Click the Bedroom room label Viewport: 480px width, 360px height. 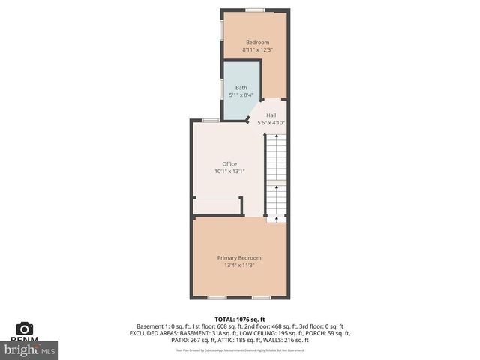(256, 43)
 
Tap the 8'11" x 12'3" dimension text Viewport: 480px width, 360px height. (256, 50)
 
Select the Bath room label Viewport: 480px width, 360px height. (241, 88)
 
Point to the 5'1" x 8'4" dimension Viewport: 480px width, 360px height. (241, 95)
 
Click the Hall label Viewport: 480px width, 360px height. (271, 115)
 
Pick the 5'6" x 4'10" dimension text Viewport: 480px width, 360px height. (271, 122)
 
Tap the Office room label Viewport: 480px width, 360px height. (229, 164)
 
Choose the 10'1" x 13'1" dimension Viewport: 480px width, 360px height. (229, 172)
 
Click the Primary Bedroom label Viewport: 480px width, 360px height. (239, 257)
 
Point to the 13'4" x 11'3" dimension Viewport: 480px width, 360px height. (239, 265)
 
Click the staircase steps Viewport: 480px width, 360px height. (277, 172)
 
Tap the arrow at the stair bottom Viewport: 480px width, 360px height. (277, 218)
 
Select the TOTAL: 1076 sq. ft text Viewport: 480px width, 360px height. (239, 319)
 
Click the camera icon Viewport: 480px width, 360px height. (25, 328)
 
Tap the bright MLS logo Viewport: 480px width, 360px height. (30, 349)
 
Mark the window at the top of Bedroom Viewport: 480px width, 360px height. (255, 10)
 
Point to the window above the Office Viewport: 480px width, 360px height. (211, 121)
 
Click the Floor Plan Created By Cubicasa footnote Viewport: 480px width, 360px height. (239, 349)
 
